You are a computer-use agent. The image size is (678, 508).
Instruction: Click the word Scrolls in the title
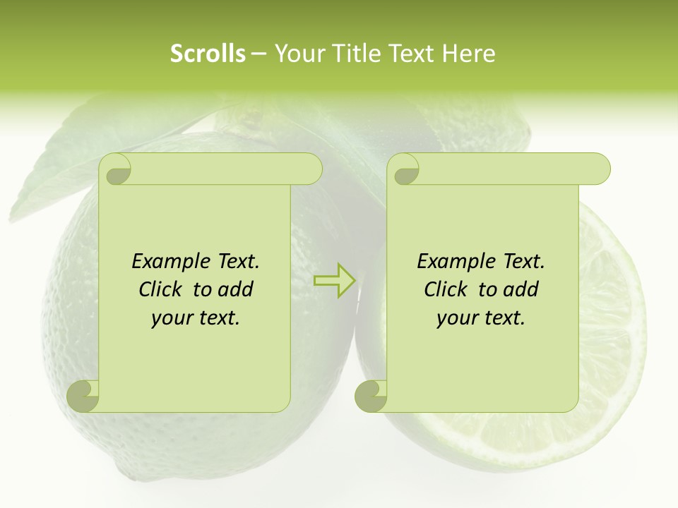[208, 54]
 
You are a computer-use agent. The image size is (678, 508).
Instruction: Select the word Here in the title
[468, 54]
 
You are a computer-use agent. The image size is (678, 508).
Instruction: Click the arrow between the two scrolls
[335, 281]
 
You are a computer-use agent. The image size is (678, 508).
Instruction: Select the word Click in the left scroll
[162, 289]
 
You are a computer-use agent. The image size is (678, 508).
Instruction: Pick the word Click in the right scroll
[446, 289]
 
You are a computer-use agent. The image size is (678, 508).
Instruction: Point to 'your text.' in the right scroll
[481, 318]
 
